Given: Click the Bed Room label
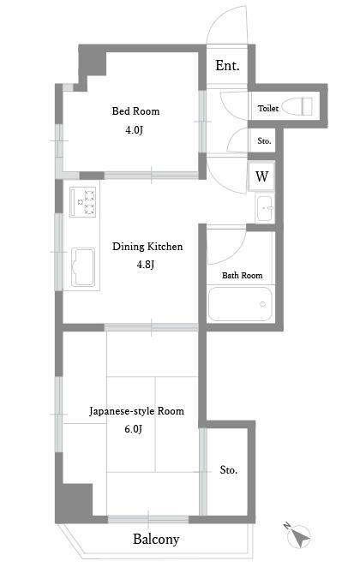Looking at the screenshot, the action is (x=135, y=111).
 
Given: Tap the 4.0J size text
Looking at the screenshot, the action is (x=134, y=130).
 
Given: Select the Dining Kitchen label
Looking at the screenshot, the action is (x=147, y=247).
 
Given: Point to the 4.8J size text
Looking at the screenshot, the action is (x=145, y=265).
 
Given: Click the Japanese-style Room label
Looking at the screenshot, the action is (x=136, y=411).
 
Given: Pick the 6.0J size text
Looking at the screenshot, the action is (x=134, y=429).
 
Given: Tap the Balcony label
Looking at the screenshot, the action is (x=156, y=539).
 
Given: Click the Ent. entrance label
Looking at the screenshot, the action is (x=227, y=66).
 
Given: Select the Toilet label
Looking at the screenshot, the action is (x=268, y=108).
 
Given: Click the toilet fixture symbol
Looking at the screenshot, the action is (x=297, y=106).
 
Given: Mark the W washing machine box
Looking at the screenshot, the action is (x=261, y=176).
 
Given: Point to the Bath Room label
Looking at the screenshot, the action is (x=242, y=276).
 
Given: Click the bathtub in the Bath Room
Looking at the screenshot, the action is (x=240, y=304).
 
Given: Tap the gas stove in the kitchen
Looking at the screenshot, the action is (x=83, y=202).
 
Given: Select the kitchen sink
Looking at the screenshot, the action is (x=83, y=266).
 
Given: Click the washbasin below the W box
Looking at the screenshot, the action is (x=265, y=208).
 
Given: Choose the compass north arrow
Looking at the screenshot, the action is (x=298, y=535).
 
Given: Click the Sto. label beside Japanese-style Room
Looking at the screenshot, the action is (x=228, y=470).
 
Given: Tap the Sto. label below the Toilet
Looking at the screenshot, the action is (x=264, y=141).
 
